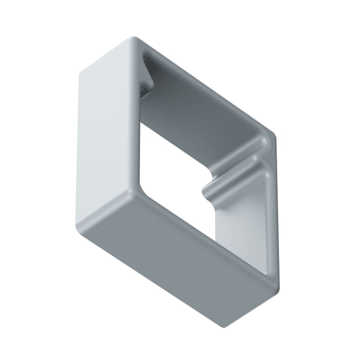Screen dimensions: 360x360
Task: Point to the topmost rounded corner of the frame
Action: pos(131,39)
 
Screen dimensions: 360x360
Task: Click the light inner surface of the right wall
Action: pos(245,225)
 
